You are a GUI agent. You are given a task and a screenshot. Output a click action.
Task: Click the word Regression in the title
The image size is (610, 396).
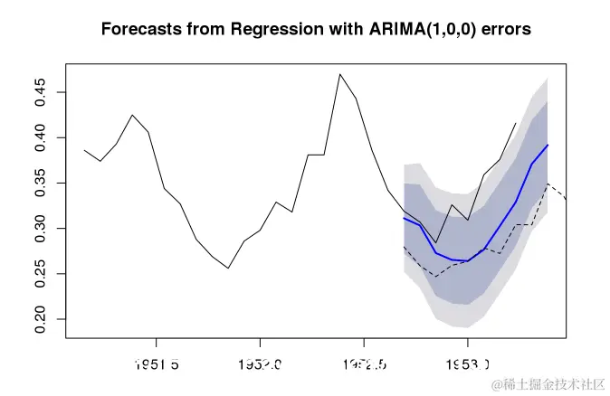pyautogui.click(x=272, y=29)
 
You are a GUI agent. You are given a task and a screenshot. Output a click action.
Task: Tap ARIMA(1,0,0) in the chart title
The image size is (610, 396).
pyautogui.click(x=405, y=29)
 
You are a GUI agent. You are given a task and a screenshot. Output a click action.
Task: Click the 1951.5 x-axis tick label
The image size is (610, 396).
pyautogui.click(x=157, y=363)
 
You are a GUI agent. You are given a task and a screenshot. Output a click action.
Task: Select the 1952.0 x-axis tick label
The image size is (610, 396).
pyautogui.click(x=260, y=363)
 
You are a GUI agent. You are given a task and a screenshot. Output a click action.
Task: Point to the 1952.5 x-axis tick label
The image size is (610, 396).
pyautogui.click(x=364, y=363)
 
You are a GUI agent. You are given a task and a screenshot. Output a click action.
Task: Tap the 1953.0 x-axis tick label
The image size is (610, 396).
pyautogui.click(x=467, y=363)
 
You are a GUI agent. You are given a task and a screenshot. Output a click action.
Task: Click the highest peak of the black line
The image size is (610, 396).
pyautogui.click(x=339, y=74)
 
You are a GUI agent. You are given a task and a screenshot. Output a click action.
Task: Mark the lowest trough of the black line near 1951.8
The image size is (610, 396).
pyautogui.click(x=228, y=268)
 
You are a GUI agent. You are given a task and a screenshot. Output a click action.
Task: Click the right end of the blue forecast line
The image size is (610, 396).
pyautogui.click(x=548, y=145)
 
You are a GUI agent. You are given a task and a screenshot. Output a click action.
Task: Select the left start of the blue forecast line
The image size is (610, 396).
pyautogui.click(x=404, y=218)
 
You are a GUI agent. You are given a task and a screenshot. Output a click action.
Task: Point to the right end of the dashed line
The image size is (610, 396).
pyautogui.click(x=565, y=197)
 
